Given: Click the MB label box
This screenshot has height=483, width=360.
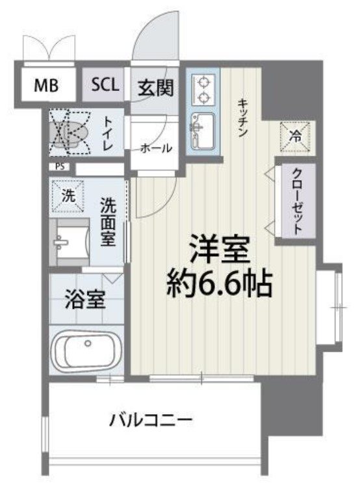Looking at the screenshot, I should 45,85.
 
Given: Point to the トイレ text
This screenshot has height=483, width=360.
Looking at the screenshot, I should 108,133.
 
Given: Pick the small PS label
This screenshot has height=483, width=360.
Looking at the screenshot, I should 60,166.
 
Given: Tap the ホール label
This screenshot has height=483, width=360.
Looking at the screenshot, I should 156,148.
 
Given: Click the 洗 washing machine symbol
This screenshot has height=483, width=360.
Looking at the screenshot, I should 69,194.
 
